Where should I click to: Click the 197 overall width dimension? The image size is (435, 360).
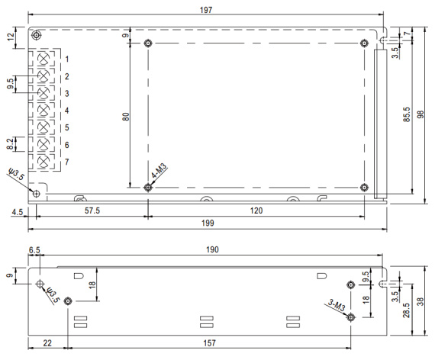(206, 10)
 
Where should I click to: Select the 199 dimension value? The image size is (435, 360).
(208, 223)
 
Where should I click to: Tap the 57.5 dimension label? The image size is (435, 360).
(92, 211)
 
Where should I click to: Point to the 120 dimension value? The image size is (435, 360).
(256, 211)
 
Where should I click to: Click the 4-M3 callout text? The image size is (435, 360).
(159, 171)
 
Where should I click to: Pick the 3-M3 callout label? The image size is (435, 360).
(337, 305)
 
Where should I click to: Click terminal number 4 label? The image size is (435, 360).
(67, 111)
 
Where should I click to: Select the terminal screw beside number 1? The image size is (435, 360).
(43, 59)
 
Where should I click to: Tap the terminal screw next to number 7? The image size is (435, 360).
(43, 162)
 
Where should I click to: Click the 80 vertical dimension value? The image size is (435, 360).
(126, 117)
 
